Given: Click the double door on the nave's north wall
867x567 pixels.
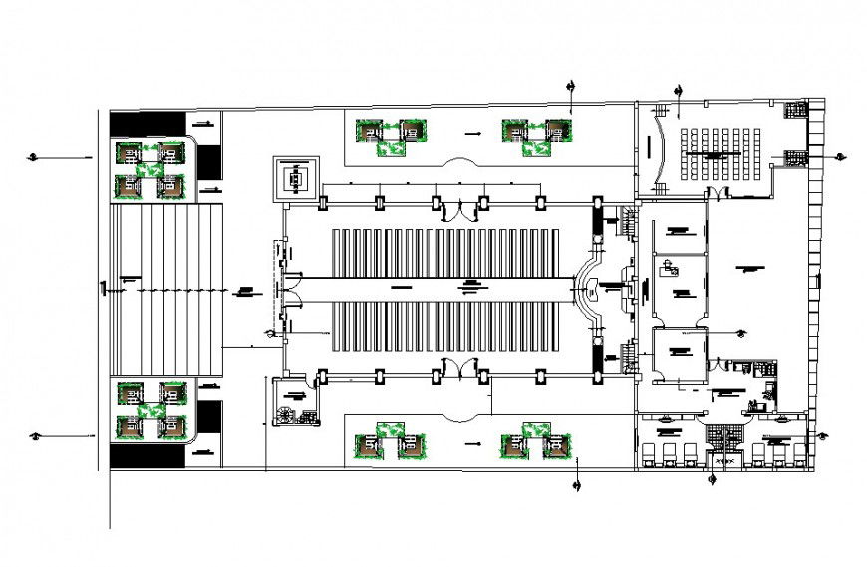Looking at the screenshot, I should [458, 209].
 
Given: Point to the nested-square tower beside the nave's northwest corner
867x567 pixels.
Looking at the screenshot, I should [297, 180].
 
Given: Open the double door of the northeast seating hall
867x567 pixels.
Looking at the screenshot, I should [717, 192].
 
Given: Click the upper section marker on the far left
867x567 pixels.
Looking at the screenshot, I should [34, 156].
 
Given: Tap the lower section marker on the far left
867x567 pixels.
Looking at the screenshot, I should [34, 434].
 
